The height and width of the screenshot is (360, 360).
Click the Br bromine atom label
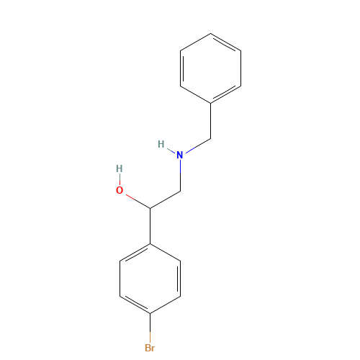point(150,348)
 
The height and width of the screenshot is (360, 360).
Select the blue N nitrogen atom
point(180,155)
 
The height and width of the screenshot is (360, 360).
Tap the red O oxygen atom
point(120,190)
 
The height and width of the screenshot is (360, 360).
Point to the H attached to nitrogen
point(161,144)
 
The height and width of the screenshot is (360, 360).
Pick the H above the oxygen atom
point(120,168)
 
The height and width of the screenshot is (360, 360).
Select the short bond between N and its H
point(171,150)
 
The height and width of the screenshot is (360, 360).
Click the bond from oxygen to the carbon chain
point(138,201)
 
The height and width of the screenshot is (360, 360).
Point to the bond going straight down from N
point(180,176)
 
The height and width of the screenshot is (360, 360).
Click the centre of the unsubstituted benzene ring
point(210,68)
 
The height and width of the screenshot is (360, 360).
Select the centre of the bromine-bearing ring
point(150,279)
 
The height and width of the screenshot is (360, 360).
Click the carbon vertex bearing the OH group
point(150,209)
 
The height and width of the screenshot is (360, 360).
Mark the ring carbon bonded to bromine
point(150,314)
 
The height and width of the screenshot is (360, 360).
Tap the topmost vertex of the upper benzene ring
point(210,33)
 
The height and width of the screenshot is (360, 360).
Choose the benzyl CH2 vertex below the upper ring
point(211,138)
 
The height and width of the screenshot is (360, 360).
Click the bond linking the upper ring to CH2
point(211,121)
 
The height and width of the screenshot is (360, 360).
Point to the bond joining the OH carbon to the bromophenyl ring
point(150,226)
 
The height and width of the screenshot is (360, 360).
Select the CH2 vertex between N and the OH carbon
point(180,192)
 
